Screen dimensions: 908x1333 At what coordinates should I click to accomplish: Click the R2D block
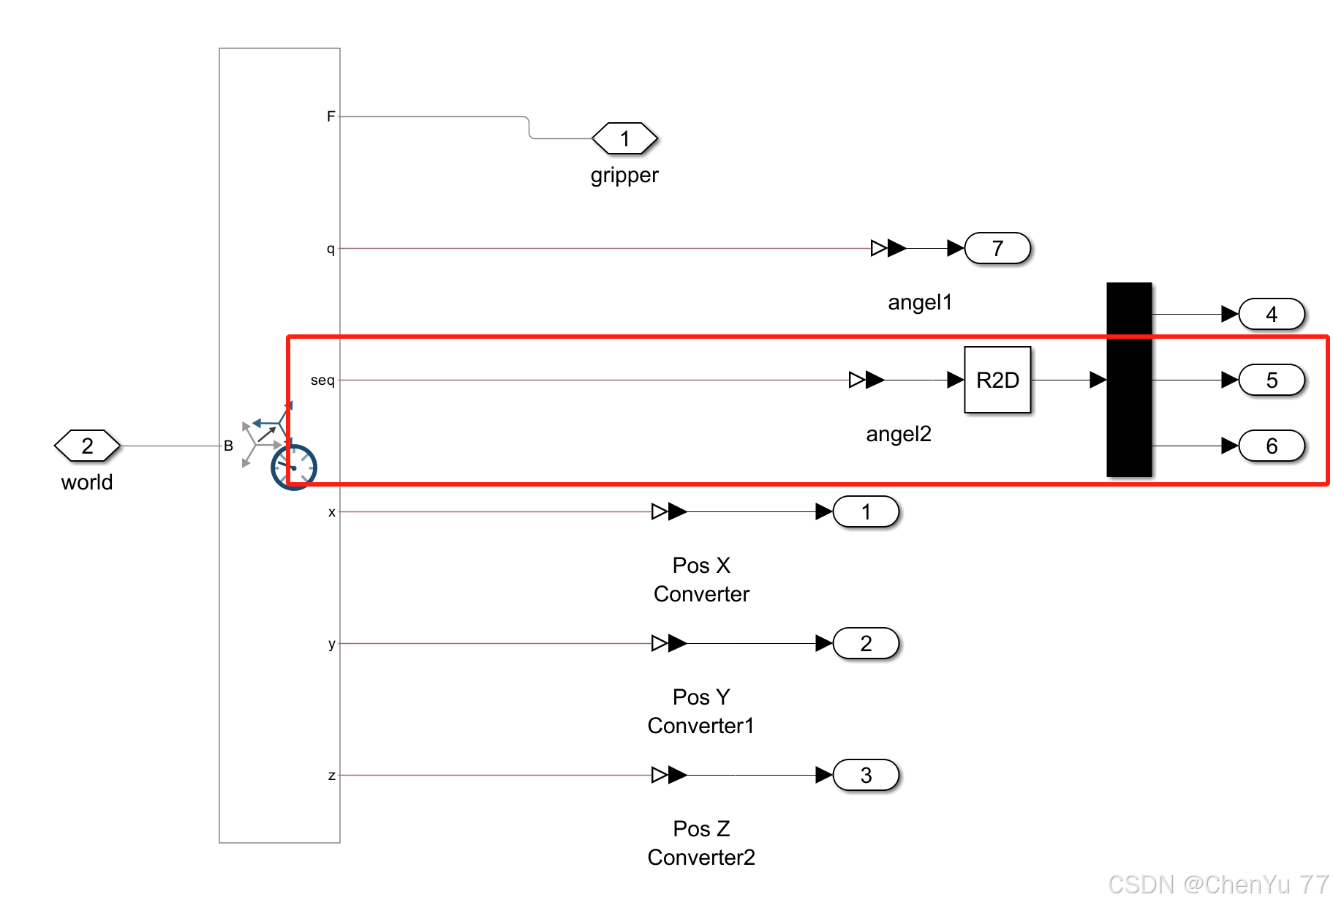[997, 380]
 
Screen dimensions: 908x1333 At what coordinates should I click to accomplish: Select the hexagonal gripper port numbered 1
[624, 138]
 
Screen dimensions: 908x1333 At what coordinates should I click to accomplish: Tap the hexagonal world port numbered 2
[87, 446]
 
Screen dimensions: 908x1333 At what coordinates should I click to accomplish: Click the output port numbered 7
[997, 248]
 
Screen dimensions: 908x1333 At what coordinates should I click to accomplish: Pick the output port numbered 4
[1271, 314]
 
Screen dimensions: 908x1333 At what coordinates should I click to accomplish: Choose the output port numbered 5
[1271, 380]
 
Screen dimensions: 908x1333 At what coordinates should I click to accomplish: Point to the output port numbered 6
[1271, 446]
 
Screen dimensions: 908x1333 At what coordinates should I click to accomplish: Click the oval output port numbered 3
[865, 775]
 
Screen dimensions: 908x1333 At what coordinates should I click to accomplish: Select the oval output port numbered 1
[865, 511]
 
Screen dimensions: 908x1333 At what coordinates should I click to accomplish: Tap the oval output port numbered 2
[865, 643]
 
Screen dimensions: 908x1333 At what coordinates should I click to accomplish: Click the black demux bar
[1128, 380]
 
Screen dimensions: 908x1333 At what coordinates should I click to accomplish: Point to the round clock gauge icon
[293, 467]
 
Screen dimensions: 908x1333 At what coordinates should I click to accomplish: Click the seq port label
[322, 380]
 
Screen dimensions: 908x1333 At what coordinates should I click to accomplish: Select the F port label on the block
[331, 116]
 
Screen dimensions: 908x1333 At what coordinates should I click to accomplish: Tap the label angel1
[919, 302]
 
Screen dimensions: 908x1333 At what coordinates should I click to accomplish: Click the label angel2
[898, 434]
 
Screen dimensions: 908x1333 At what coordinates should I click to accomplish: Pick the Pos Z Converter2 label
[701, 842]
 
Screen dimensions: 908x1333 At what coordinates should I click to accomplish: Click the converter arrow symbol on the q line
[888, 248]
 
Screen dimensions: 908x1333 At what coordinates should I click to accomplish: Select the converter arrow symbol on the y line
[668, 643]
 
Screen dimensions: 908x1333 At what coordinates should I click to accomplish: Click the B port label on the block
[228, 446]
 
